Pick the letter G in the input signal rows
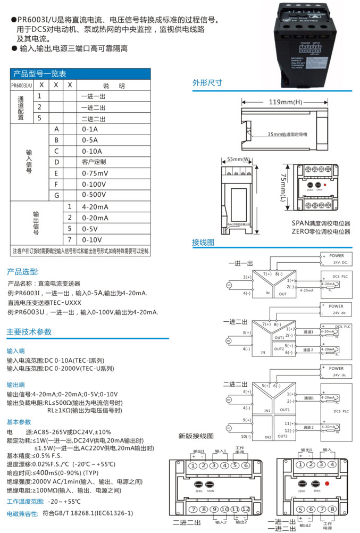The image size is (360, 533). pyautogui.click(x=56, y=196)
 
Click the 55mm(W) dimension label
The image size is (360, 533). pyautogui.click(x=238, y=159)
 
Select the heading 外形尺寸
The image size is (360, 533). pyautogui.click(x=207, y=83)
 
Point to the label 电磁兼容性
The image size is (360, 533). pyautogui.click(x=22, y=514)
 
